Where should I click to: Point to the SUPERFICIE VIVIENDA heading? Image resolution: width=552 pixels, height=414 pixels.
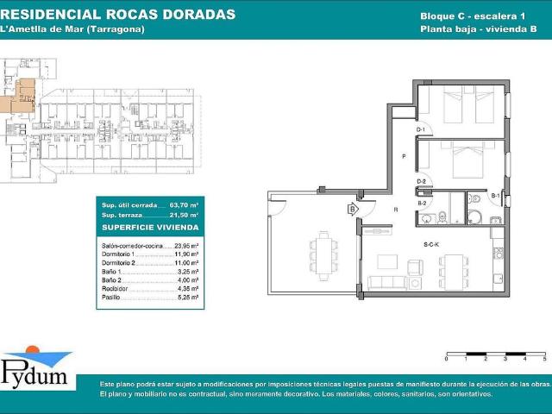pos(149,228)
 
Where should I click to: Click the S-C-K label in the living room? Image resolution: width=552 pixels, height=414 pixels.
pos(432,245)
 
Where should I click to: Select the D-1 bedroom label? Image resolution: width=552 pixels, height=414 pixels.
pos(423,129)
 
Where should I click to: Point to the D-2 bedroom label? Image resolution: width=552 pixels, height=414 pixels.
pos(423,181)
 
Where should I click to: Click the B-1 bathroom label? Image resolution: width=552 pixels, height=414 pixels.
pos(496,197)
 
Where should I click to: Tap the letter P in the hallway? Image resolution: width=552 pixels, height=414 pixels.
pos(403,156)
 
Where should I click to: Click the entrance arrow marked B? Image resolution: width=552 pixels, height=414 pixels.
pos(352,209)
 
